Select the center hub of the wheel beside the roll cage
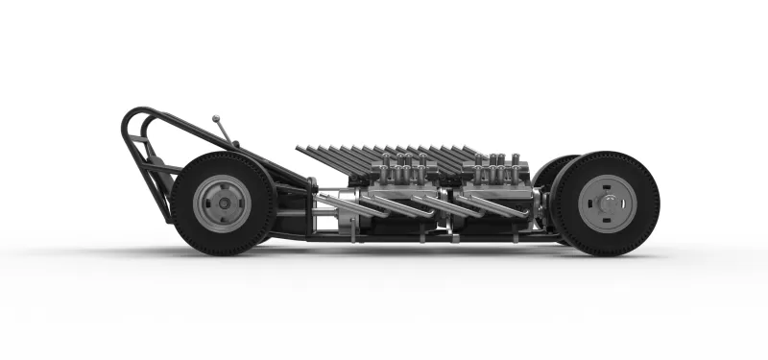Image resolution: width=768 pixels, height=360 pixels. click(x=223, y=203)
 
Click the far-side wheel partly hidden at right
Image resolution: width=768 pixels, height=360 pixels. click(x=549, y=178)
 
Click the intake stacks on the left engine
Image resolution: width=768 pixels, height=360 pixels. click(x=397, y=169)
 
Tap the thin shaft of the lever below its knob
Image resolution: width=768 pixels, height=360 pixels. click(x=224, y=132)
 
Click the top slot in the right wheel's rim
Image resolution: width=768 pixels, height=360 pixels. click(x=605, y=180)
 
